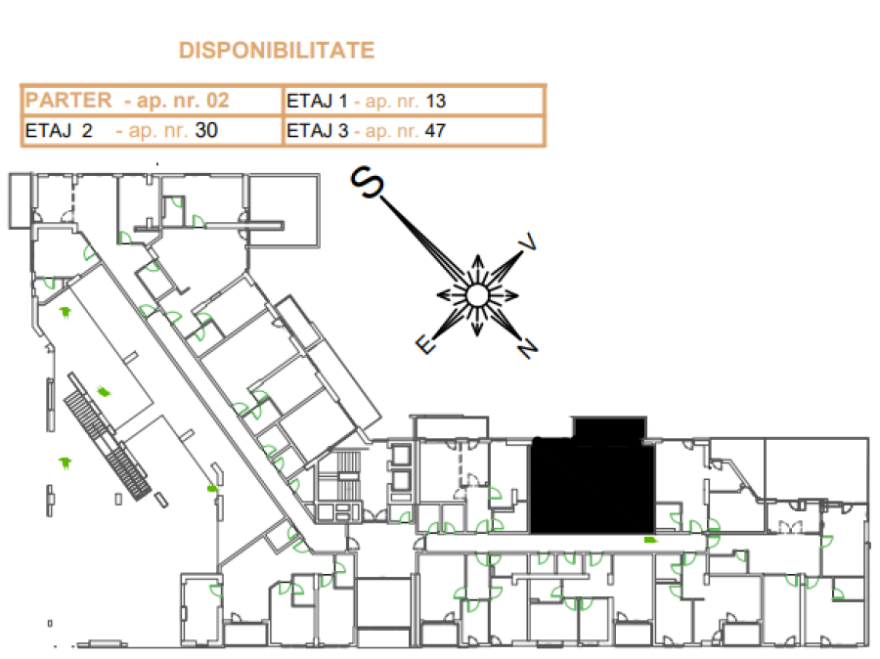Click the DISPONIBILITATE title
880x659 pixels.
pyautogui.click(x=276, y=51)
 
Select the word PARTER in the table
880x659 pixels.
pyautogui.click(x=68, y=101)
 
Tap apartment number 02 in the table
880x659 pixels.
pyautogui.click(x=218, y=101)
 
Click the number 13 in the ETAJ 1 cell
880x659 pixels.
pyautogui.click(x=435, y=101)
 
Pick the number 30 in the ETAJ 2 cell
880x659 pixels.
pyautogui.click(x=206, y=130)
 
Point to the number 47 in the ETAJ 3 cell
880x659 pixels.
pyautogui.click(x=435, y=131)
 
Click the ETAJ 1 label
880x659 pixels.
pyautogui.click(x=317, y=101)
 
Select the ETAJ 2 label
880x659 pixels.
pyautogui.click(x=59, y=130)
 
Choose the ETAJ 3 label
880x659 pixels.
pyautogui.click(x=318, y=131)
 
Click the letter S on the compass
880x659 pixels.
pyautogui.click(x=367, y=182)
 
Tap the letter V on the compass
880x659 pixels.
pyautogui.click(x=528, y=242)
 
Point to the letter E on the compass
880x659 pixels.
pyautogui.click(x=425, y=343)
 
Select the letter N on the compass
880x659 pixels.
pyautogui.click(x=528, y=349)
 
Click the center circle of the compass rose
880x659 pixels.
pyautogui.click(x=477, y=295)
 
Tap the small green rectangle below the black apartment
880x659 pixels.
pyautogui.click(x=650, y=540)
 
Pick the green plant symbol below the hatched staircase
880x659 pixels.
pyautogui.click(x=66, y=463)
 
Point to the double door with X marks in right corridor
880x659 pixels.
pyautogui.click(x=790, y=528)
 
